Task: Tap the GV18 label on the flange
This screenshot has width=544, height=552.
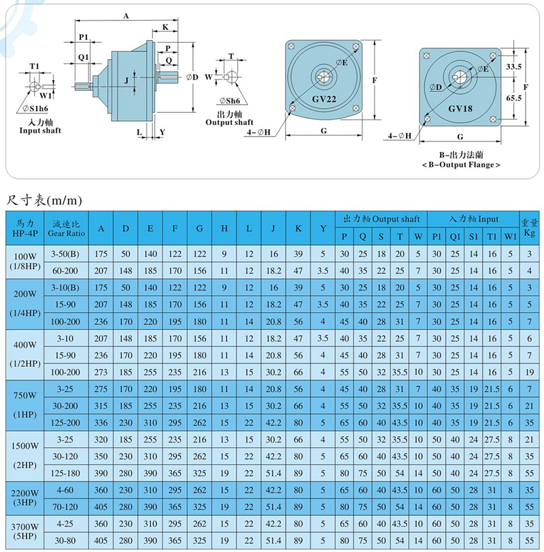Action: point(460,108)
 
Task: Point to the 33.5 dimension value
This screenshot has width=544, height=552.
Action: point(513,67)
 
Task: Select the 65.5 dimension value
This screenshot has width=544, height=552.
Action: point(513,98)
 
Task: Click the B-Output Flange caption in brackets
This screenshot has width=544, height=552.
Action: point(460,165)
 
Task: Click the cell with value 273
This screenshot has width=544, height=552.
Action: point(101,372)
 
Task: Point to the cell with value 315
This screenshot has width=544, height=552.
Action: point(101,405)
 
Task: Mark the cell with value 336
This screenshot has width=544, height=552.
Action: point(101,422)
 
